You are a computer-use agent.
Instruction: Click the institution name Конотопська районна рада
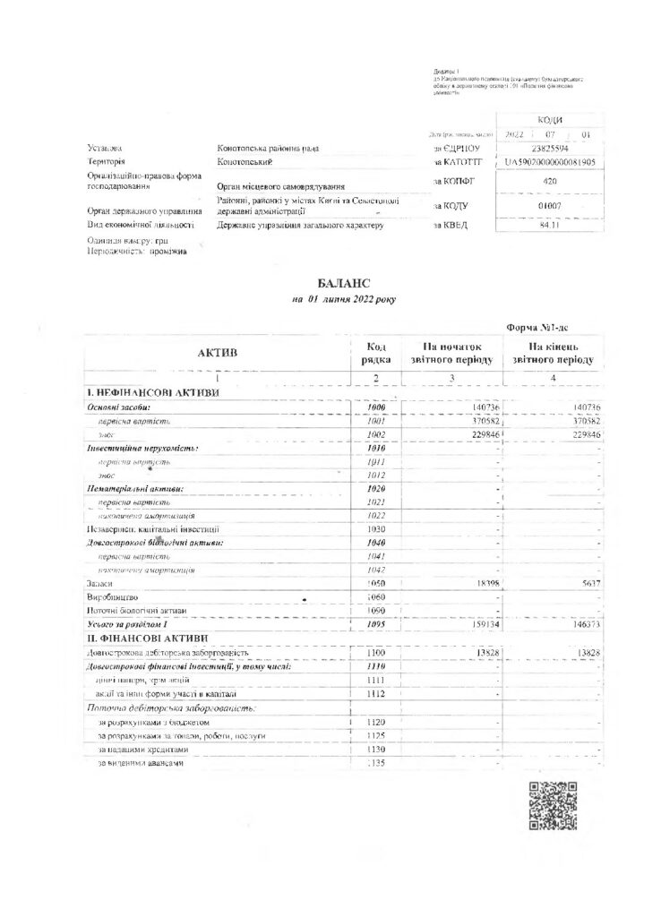[268, 148]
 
